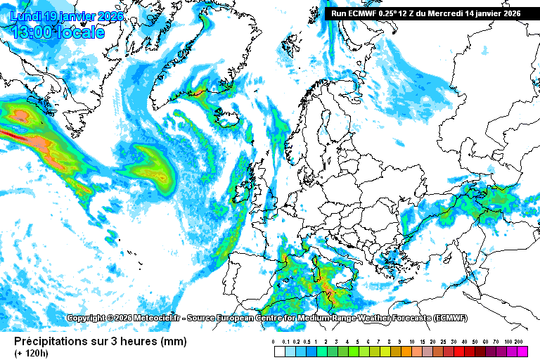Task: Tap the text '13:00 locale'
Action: click(x=58, y=32)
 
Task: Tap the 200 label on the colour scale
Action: click(x=519, y=341)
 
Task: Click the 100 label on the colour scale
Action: click(x=508, y=341)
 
